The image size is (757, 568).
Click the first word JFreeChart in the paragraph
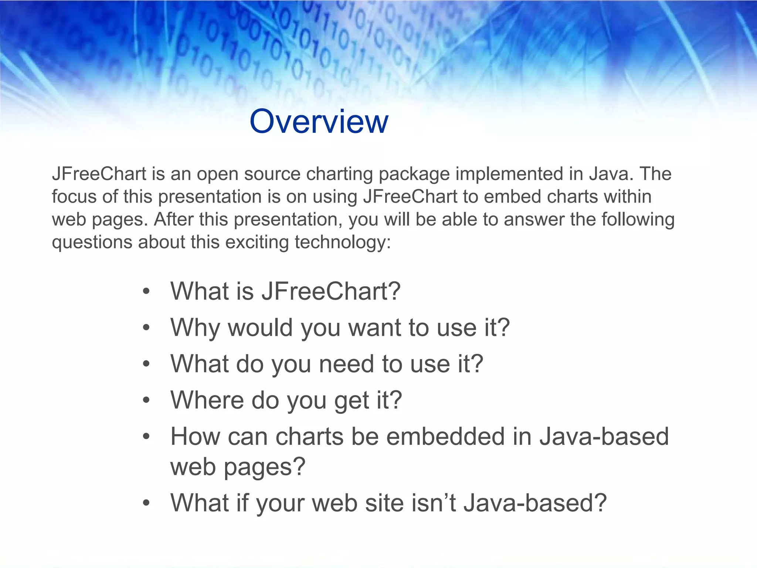pyautogui.click(x=99, y=174)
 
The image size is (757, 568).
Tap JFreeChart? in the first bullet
pyautogui.click(x=331, y=291)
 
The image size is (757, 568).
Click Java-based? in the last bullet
pyautogui.click(x=535, y=503)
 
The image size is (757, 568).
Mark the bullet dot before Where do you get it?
pyautogui.click(x=146, y=400)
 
